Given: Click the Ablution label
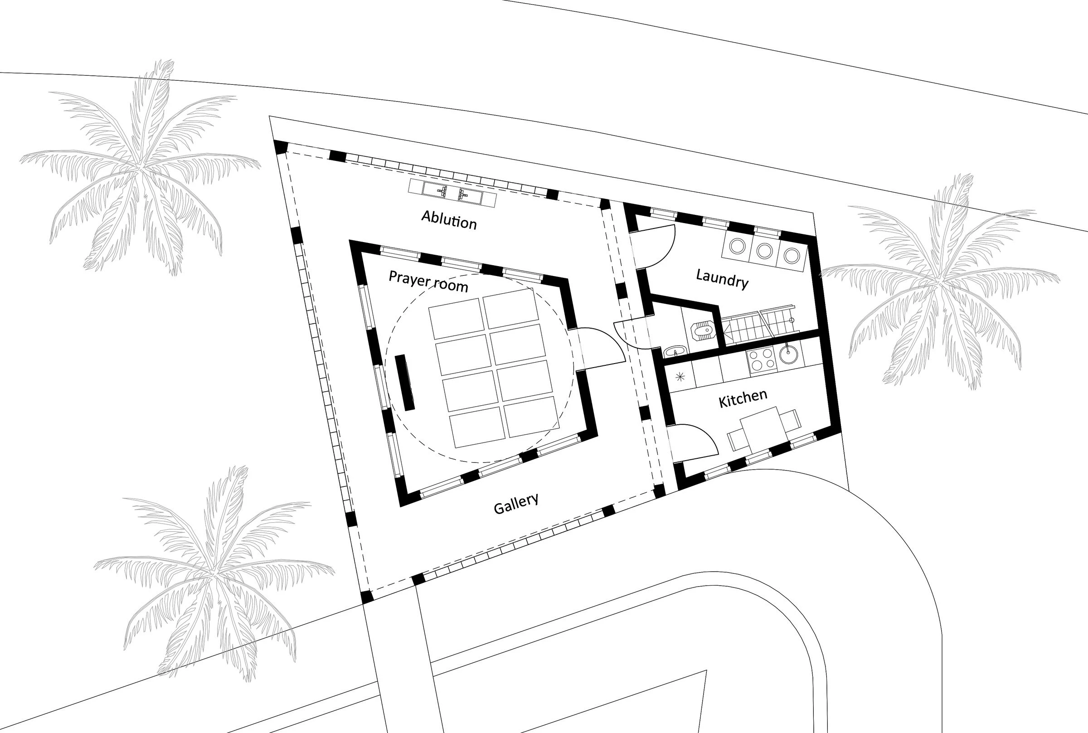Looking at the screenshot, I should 449,220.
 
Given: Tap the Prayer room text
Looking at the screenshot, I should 428,281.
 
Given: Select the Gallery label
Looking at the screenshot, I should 516,504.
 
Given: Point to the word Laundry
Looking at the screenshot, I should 722,279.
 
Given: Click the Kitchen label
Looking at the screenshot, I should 743,398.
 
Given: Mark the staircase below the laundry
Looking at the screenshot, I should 757,325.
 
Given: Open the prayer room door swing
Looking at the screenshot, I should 601,348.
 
